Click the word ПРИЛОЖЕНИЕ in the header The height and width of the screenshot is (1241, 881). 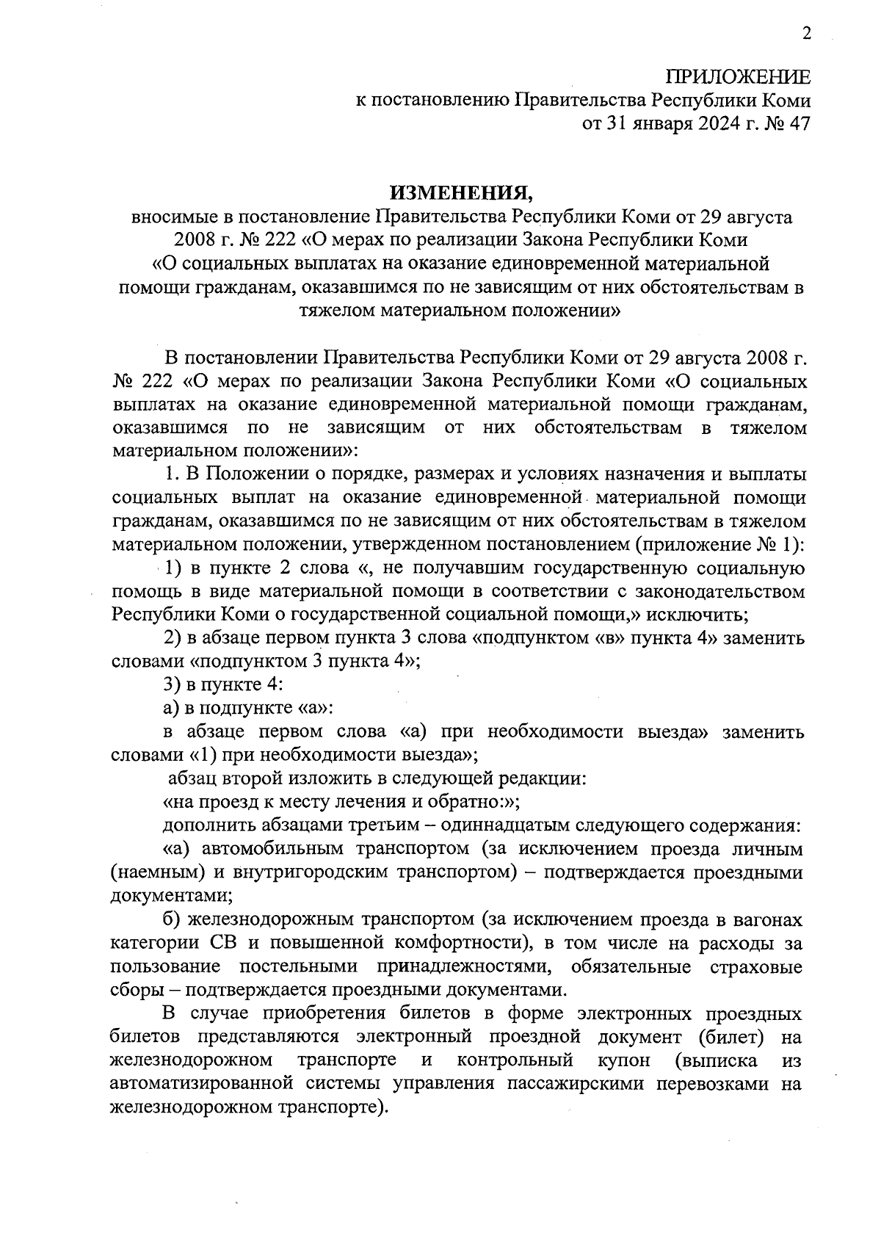738,78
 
